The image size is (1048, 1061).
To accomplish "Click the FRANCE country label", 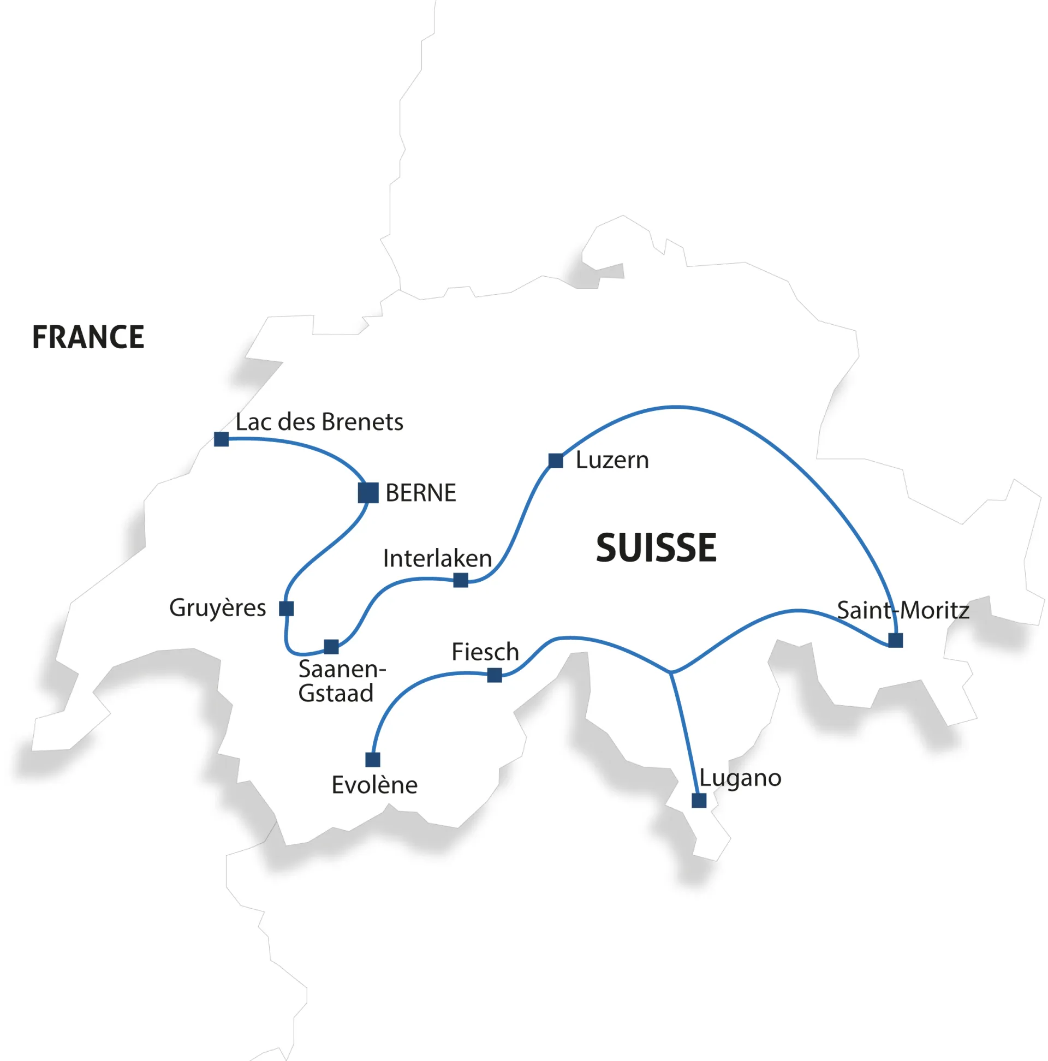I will click(x=88, y=337).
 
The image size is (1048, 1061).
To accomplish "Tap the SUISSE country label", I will click(x=656, y=547).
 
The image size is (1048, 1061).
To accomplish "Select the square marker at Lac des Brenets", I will click(x=222, y=439).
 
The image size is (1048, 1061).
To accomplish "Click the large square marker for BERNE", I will click(x=368, y=493).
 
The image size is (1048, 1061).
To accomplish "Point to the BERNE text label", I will click(x=420, y=493).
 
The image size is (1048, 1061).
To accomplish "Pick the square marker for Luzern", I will click(x=556, y=461).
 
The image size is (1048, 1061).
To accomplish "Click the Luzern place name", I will click(x=612, y=460).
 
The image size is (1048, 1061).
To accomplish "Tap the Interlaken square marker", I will click(x=461, y=580).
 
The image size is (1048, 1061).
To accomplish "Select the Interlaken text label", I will click(x=437, y=558).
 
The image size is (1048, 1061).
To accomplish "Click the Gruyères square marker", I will click(x=286, y=609).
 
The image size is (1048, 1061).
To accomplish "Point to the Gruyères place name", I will click(x=217, y=608).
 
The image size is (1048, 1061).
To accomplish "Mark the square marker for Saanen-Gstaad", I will click(x=331, y=647).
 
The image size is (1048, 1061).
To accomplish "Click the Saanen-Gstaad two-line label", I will click(x=341, y=681).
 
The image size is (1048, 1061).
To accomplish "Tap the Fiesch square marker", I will click(x=495, y=675).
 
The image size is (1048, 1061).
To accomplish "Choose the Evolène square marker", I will click(x=372, y=760).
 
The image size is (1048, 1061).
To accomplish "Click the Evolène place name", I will click(x=374, y=785).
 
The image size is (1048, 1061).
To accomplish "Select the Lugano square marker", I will click(x=699, y=801).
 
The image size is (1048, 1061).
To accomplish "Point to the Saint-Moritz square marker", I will click(x=895, y=640).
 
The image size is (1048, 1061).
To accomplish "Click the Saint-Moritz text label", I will click(x=902, y=610).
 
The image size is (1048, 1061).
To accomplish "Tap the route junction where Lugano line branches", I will click(x=670, y=672).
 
